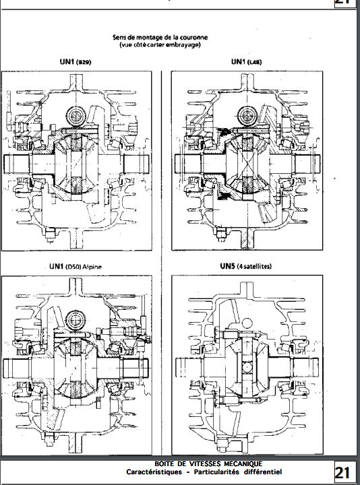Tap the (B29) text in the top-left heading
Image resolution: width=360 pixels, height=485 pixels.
point(84,62)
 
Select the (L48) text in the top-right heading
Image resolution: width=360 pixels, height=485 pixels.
point(254,62)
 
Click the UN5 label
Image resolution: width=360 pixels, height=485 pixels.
point(227,265)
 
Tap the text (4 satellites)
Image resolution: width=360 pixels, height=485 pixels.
point(254,266)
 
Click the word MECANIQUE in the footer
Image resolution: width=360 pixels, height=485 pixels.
point(243,463)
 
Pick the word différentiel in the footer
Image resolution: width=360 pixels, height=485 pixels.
point(262,472)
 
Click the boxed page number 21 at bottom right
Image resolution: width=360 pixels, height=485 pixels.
point(342,473)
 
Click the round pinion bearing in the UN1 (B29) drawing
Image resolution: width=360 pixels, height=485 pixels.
point(76,116)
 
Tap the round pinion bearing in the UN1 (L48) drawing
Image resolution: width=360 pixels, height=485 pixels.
point(247,116)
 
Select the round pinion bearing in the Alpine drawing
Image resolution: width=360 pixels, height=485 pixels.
point(76,320)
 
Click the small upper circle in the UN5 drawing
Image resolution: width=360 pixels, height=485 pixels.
point(247,324)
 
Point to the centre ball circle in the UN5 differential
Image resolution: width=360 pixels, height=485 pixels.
point(247,368)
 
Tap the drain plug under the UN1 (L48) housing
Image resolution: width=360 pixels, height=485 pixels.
point(220,234)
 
